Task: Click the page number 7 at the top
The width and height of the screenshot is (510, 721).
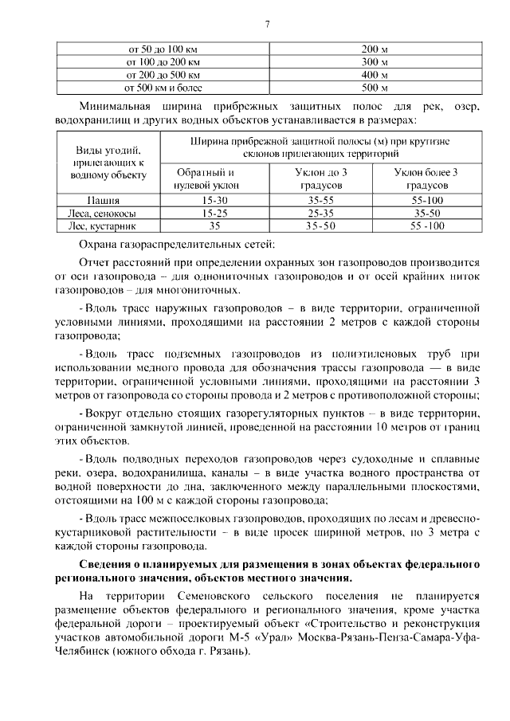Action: (267, 25)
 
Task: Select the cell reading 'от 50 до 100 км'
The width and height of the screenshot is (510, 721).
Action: (157, 48)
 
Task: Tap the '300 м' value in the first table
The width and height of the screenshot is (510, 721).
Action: (374, 61)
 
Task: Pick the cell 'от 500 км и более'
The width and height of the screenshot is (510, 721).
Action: (157, 87)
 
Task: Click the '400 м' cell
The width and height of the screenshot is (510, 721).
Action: (374, 74)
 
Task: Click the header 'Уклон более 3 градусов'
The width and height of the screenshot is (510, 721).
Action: (428, 178)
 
